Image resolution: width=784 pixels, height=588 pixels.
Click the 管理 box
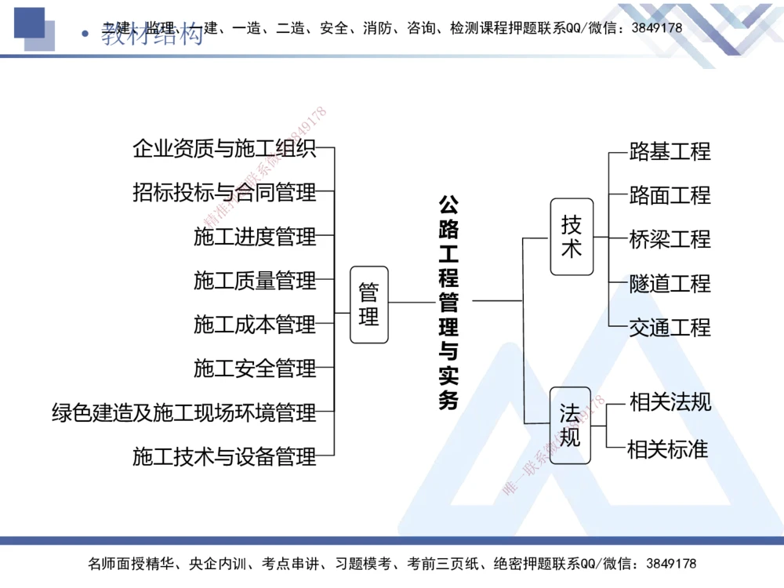coord(368,304)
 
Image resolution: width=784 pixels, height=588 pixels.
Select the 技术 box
coord(572,237)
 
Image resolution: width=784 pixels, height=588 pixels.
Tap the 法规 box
coord(570,425)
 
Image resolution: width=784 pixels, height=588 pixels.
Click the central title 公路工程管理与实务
coord(448,302)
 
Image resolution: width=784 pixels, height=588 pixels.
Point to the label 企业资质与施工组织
coord(224,148)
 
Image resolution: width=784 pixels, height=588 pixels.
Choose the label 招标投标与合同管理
coord(224,192)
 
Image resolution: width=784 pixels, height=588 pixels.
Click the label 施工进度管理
coord(255,236)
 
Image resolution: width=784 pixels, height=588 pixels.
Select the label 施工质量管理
coord(255,280)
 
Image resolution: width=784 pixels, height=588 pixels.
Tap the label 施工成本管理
coord(255,324)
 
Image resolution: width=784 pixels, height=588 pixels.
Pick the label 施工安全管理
coord(255,368)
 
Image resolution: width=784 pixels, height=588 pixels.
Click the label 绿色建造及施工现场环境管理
coord(184,412)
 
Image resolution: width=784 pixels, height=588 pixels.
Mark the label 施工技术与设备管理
coord(224,456)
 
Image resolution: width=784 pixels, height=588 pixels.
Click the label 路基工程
coord(670,151)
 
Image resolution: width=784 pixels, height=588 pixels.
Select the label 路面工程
coord(670,195)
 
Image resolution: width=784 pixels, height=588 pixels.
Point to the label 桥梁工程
coord(670,239)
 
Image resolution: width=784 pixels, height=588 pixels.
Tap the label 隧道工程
coord(670,283)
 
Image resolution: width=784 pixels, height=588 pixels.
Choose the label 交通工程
coord(670,327)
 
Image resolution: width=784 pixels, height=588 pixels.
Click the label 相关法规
coord(670,402)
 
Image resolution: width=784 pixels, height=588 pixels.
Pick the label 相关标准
coord(668,449)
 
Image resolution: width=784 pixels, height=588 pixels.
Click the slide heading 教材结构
coord(152,35)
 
